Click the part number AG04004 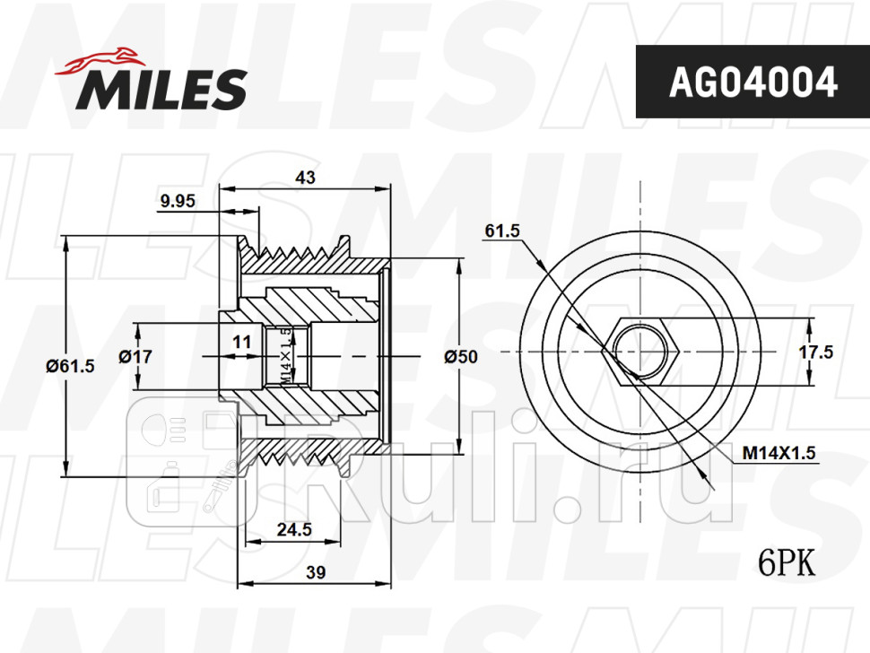click(x=753, y=82)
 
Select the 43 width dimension click(x=306, y=178)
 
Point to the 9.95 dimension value click(x=178, y=202)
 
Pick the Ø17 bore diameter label click(x=136, y=356)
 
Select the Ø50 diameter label click(x=462, y=356)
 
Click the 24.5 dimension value click(x=294, y=529)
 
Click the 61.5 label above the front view click(x=502, y=231)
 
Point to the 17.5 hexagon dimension click(x=816, y=353)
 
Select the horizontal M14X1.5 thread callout click(x=779, y=454)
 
